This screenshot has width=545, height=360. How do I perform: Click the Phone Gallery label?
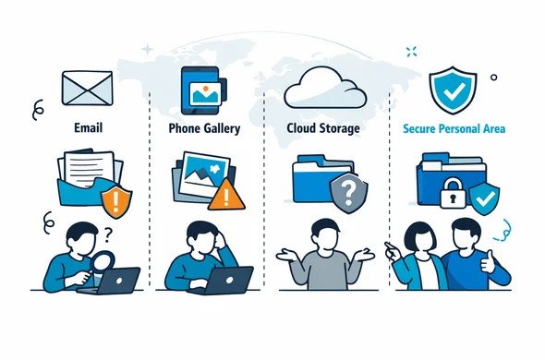(x=205, y=128)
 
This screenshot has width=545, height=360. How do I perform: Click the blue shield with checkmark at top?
(x=454, y=89)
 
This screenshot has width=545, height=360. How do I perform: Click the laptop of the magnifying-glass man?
(x=115, y=280)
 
